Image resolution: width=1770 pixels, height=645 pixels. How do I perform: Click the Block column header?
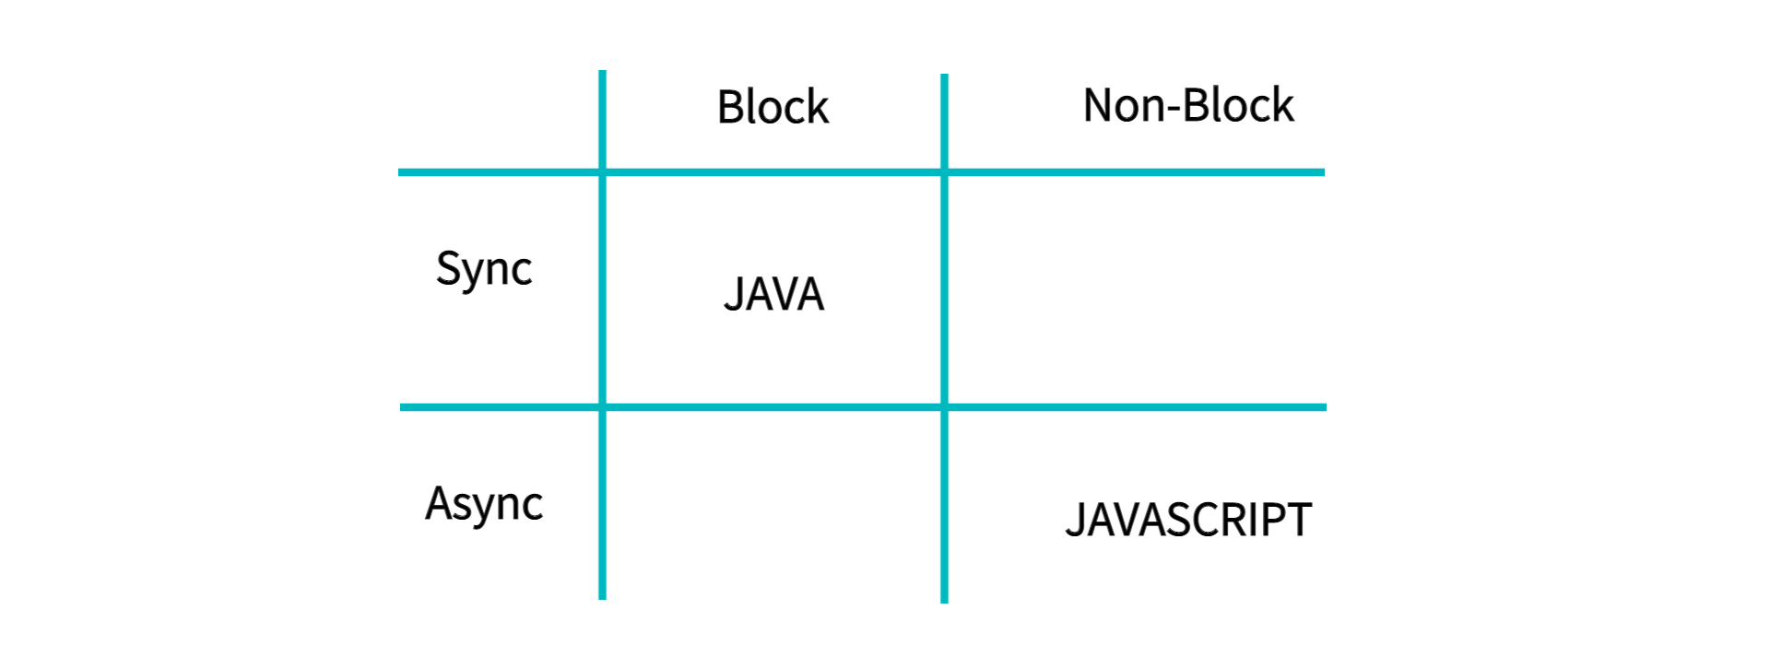pos(773,107)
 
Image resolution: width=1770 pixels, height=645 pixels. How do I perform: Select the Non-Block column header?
pos(1187,106)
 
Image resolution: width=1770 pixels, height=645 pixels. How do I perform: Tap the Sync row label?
pos(483,269)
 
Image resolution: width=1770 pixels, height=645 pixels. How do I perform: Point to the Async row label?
pos(483,504)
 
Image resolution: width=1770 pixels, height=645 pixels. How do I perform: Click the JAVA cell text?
pos(773,295)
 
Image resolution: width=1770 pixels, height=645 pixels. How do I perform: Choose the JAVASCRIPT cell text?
pos(1187,520)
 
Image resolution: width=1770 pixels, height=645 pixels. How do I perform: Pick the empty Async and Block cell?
pos(773,504)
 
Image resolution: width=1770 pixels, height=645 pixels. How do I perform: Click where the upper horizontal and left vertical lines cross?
pos(602,172)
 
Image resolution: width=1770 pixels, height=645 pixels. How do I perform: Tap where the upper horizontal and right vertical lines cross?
pos(944,172)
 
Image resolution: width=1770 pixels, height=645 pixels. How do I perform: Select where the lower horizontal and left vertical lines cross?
pos(602,406)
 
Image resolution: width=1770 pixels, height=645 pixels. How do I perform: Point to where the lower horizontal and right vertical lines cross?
pos(944,406)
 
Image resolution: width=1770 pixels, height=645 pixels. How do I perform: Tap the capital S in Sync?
pos(448,267)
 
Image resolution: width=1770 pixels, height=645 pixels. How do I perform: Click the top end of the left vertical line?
pos(602,73)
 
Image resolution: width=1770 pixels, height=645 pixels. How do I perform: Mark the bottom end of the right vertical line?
pos(944,601)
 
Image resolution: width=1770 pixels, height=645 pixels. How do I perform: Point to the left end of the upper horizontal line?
pos(401,172)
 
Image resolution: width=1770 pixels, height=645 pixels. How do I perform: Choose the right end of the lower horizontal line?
pos(1324,406)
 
